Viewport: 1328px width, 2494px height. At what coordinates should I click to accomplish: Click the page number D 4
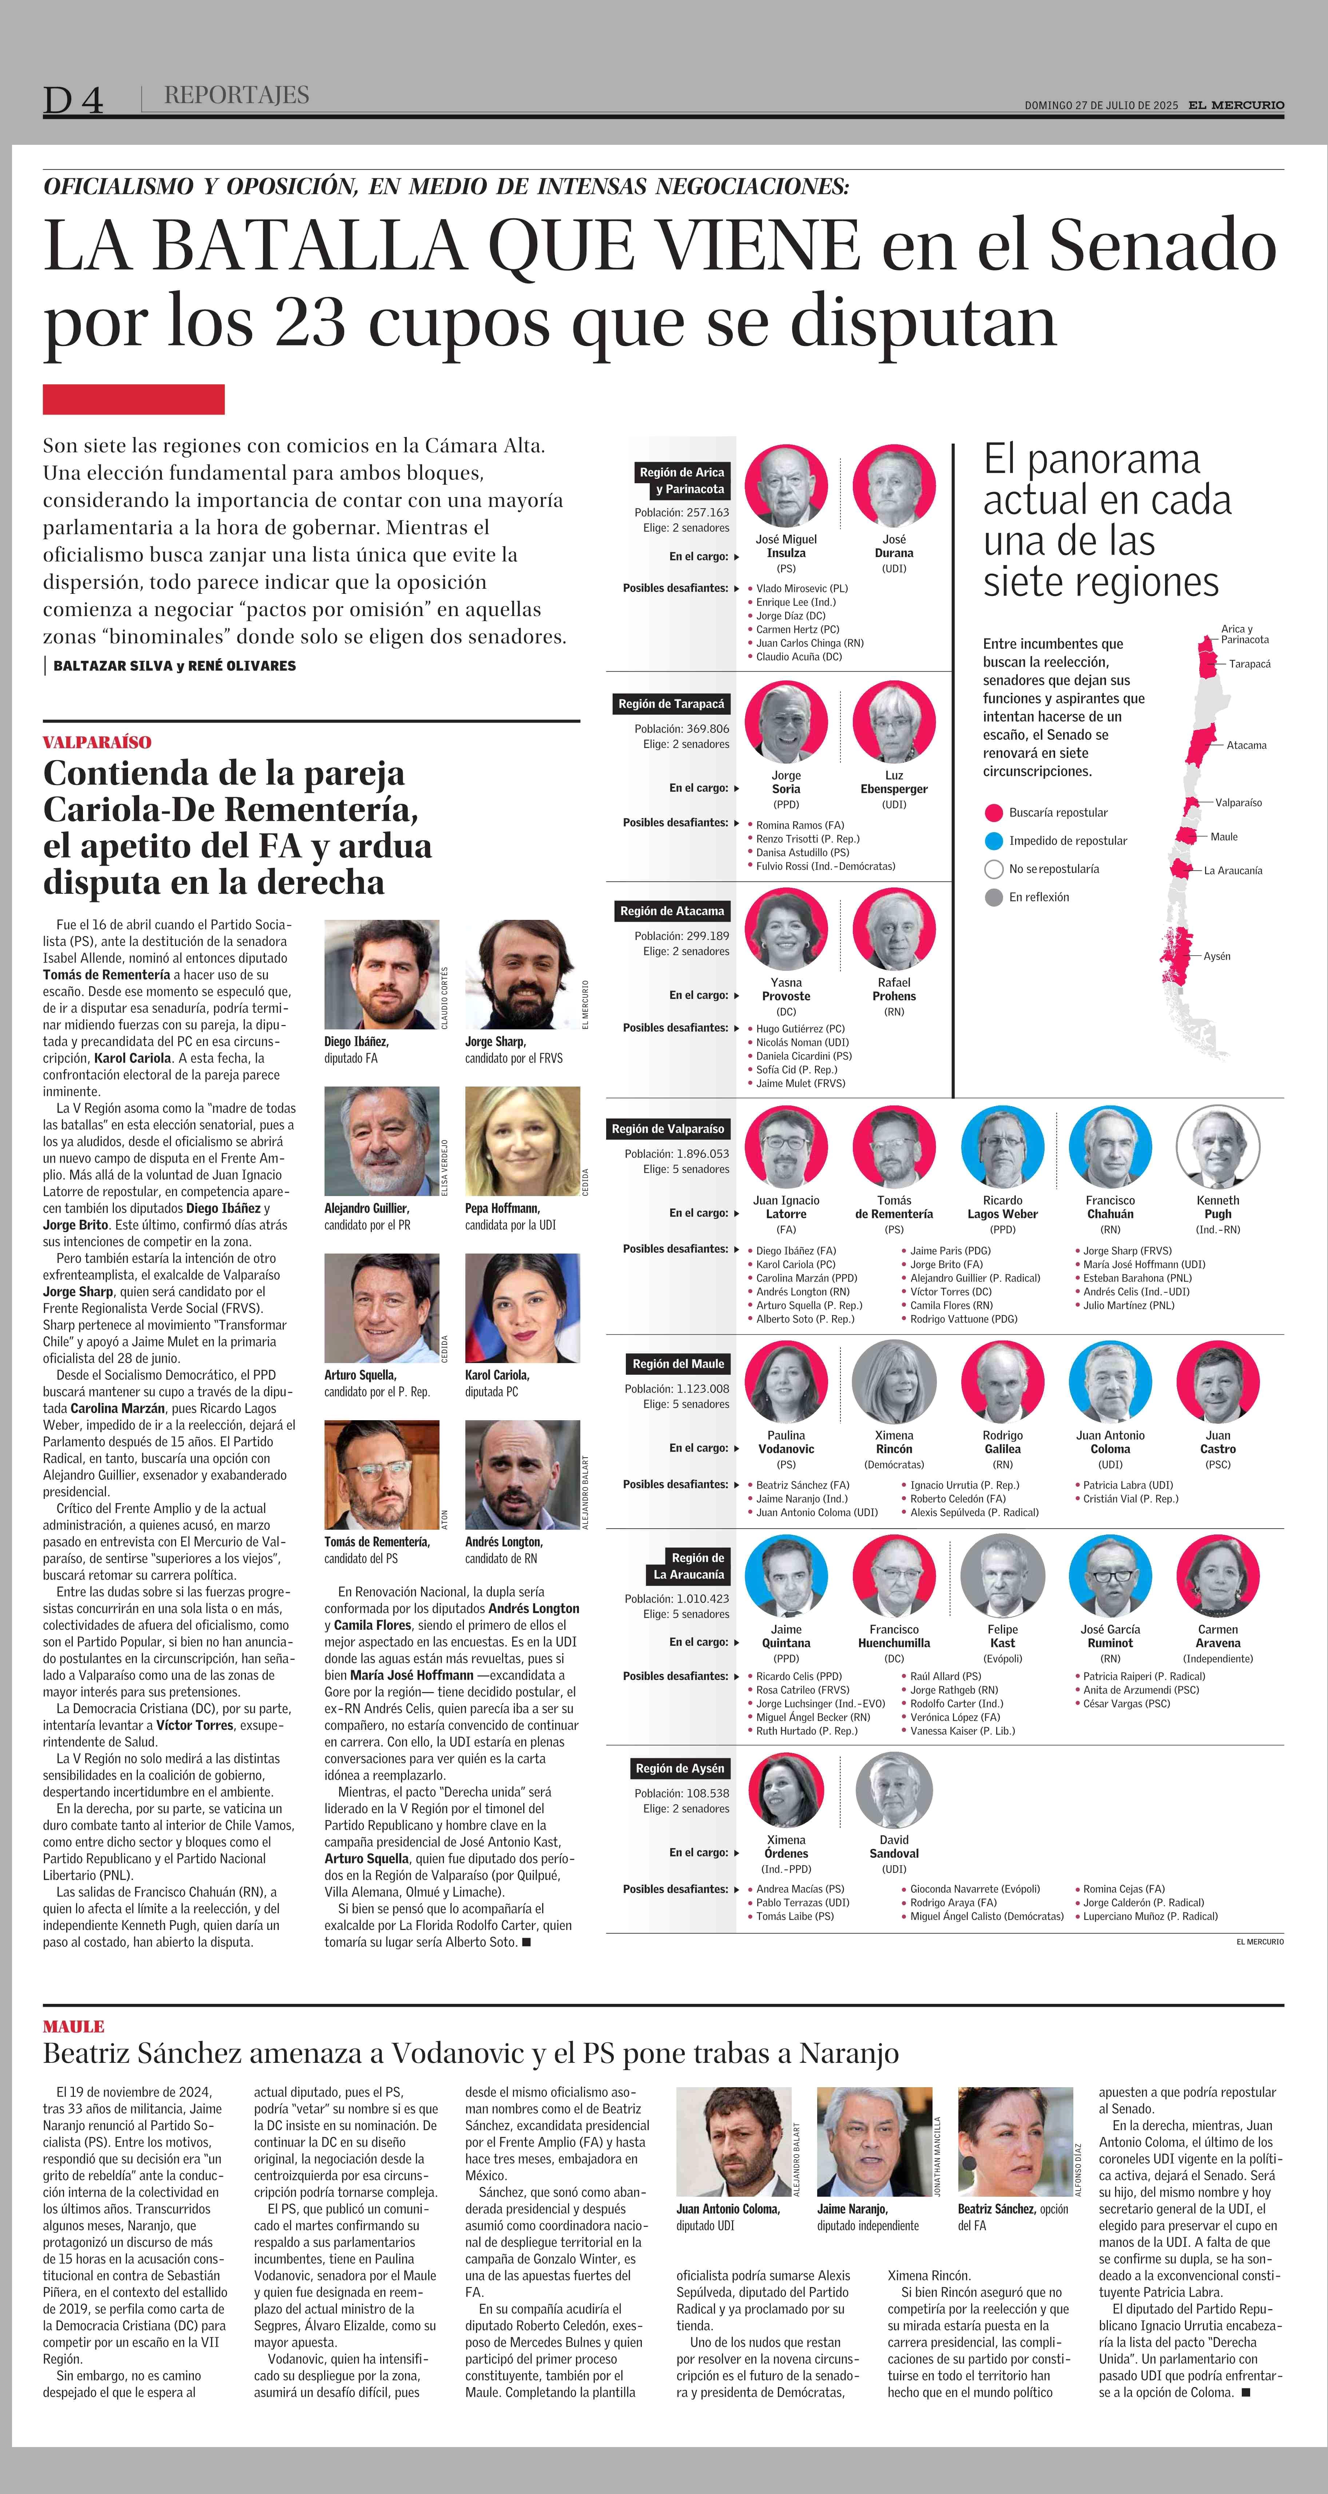pyautogui.click(x=73, y=100)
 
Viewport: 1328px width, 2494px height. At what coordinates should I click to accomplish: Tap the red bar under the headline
pyautogui.click(x=134, y=399)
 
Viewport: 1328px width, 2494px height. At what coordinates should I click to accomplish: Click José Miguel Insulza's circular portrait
pyautogui.click(x=786, y=486)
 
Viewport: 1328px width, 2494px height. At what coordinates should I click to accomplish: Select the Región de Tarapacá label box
pyautogui.click(x=672, y=704)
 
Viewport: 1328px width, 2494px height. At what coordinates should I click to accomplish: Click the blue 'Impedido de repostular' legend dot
pyautogui.click(x=993, y=841)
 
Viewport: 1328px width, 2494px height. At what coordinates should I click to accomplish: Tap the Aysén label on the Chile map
pyautogui.click(x=1217, y=956)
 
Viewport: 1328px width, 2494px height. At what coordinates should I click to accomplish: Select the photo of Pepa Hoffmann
pyautogui.click(x=523, y=1141)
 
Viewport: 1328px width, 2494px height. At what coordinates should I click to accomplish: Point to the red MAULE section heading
pyautogui.click(x=73, y=2026)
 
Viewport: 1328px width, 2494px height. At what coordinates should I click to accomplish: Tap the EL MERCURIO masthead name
pyautogui.click(x=1236, y=104)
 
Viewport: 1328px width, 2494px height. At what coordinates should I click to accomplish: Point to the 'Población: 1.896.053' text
pyautogui.click(x=677, y=1153)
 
